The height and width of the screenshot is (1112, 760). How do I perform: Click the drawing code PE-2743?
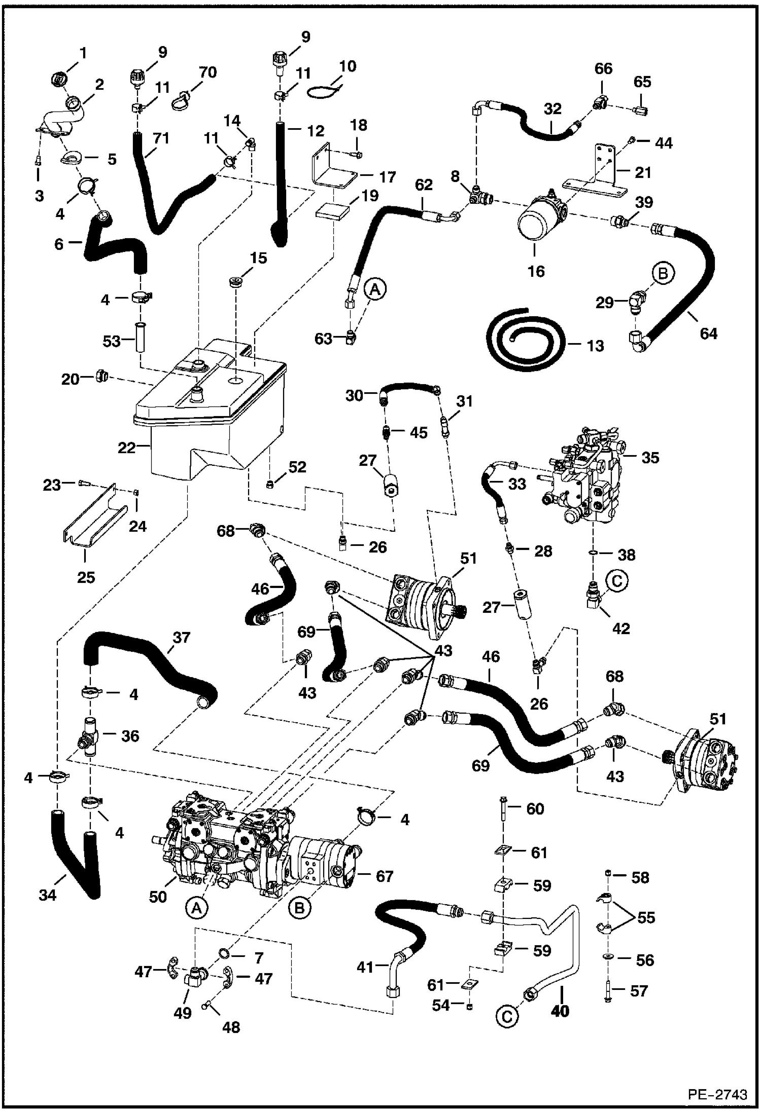tap(717, 1093)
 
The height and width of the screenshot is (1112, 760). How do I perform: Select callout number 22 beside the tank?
tap(126, 448)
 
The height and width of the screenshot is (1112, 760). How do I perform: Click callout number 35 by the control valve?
tap(650, 458)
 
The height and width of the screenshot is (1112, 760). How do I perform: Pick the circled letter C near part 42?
tap(616, 581)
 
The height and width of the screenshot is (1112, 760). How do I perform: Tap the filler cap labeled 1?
tap(60, 79)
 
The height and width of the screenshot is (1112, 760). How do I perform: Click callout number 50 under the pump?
tap(158, 897)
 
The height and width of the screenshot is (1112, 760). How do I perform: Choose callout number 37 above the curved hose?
tap(181, 637)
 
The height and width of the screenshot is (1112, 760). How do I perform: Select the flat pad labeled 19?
tap(333, 210)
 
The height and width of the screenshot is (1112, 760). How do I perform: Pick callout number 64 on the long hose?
tap(708, 333)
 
